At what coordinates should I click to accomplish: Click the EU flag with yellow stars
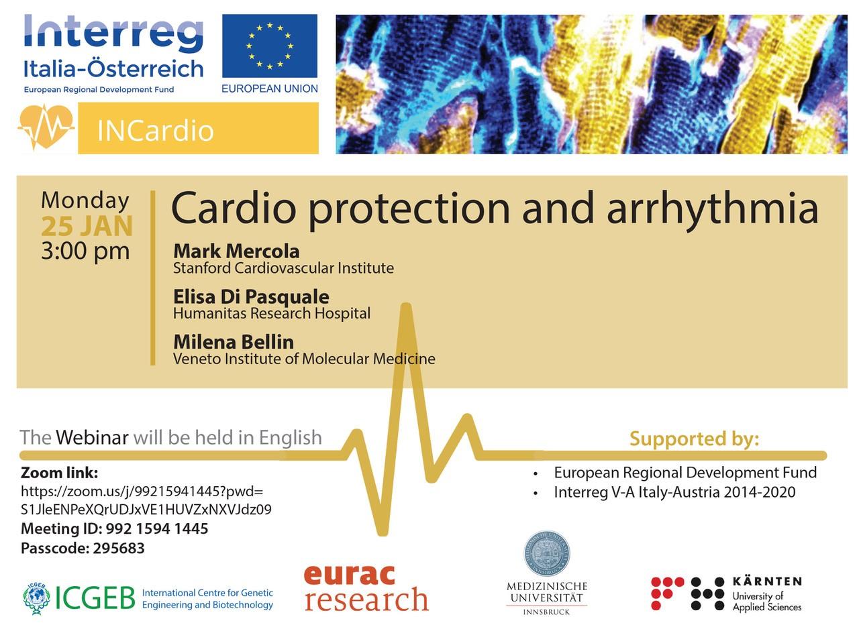click(x=270, y=46)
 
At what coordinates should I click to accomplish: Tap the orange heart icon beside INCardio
click(x=46, y=127)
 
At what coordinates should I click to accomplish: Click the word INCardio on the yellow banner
click(x=155, y=131)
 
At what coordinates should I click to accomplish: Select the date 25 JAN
click(x=87, y=226)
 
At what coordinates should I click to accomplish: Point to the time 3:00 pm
click(x=85, y=251)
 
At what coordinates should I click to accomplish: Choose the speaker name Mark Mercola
click(x=236, y=251)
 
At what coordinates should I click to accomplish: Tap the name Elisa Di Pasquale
click(x=251, y=297)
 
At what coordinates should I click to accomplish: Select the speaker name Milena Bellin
click(x=234, y=342)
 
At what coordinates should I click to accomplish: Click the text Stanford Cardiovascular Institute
click(x=283, y=268)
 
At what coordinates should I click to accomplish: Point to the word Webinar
click(x=92, y=438)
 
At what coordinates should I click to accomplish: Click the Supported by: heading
click(x=694, y=439)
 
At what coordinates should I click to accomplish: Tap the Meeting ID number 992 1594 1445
click(x=157, y=529)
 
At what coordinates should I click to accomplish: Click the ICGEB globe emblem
click(x=36, y=598)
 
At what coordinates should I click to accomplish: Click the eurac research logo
click(x=366, y=589)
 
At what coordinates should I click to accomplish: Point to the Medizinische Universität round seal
click(x=547, y=553)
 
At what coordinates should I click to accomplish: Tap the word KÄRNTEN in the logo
click(x=767, y=582)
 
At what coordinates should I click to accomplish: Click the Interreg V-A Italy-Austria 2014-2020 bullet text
click(x=674, y=492)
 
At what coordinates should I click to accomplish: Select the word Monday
click(x=85, y=201)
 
